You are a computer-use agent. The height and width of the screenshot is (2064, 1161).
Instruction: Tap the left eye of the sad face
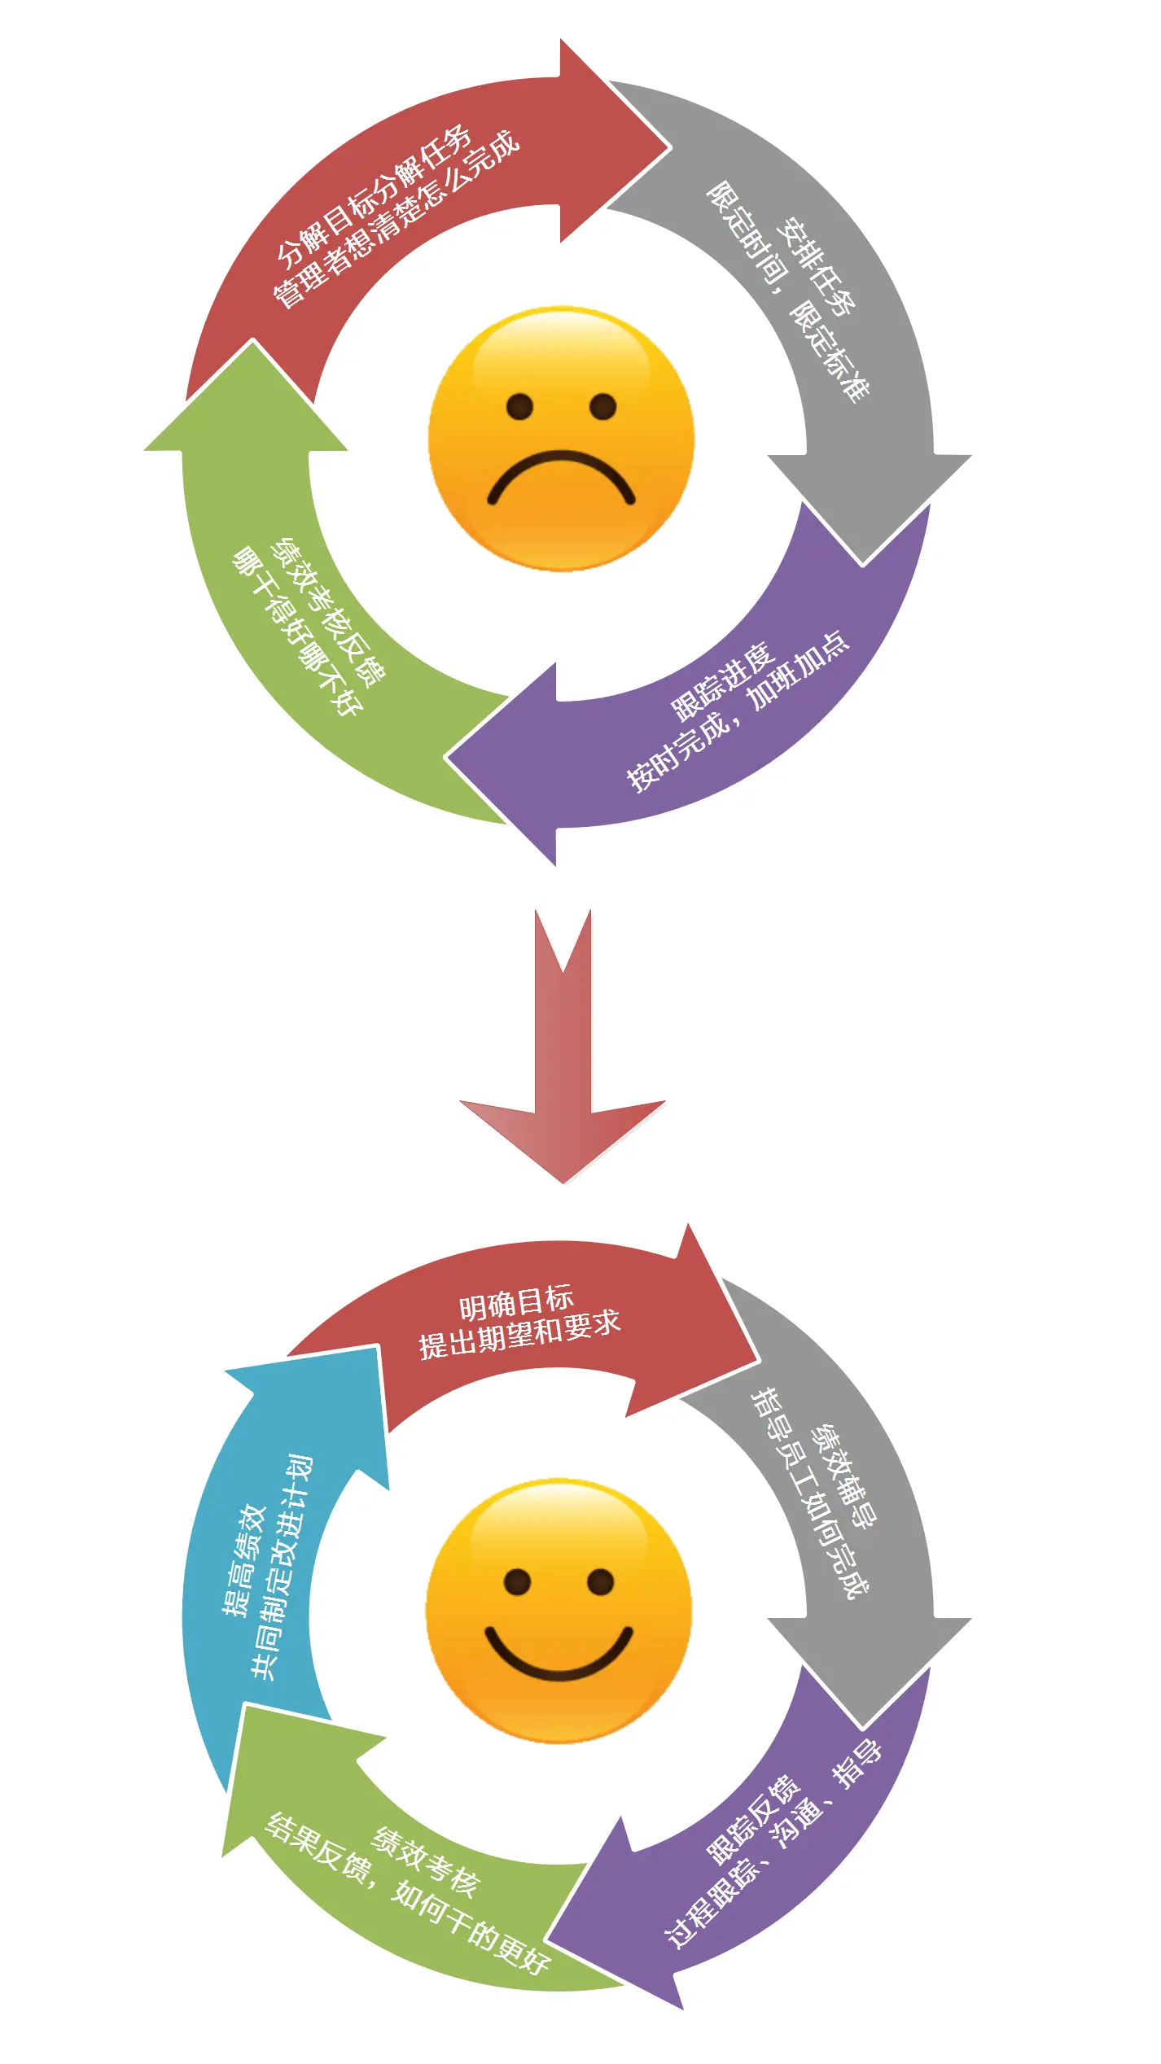[519, 405]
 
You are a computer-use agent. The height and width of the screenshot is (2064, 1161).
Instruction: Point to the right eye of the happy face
[601, 1581]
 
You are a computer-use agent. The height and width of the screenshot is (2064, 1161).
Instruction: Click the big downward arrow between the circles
[563, 1058]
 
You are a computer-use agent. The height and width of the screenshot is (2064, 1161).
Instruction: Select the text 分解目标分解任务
[375, 195]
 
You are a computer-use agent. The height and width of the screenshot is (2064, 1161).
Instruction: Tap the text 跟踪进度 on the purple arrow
[721, 682]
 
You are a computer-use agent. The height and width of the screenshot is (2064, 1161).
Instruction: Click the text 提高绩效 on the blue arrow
[244, 1559]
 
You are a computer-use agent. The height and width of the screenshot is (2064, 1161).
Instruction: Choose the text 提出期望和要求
[519, 1334]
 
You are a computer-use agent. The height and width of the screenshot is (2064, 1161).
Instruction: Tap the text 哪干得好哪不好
[297, 632]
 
